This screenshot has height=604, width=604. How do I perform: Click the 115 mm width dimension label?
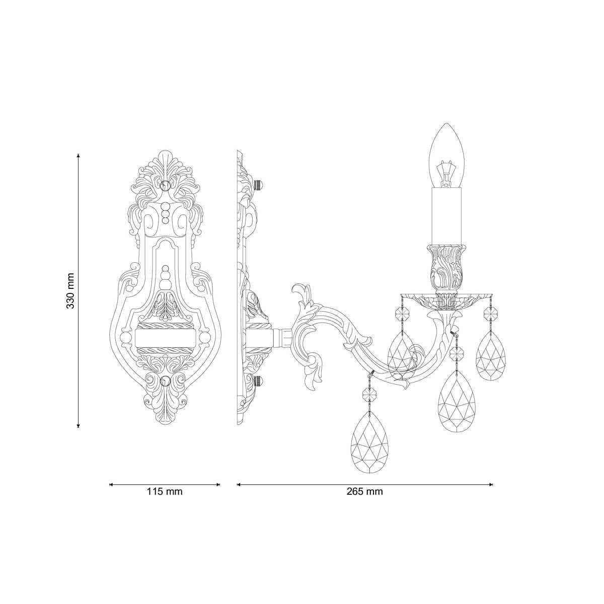165,492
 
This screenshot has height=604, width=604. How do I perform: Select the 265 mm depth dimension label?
364,492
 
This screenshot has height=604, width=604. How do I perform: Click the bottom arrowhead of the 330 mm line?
78,425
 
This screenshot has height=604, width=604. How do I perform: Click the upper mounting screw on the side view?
259,185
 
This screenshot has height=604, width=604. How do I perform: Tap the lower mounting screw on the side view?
259,381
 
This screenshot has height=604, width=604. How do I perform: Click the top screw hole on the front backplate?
165,185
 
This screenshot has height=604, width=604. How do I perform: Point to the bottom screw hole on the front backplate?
165,381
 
